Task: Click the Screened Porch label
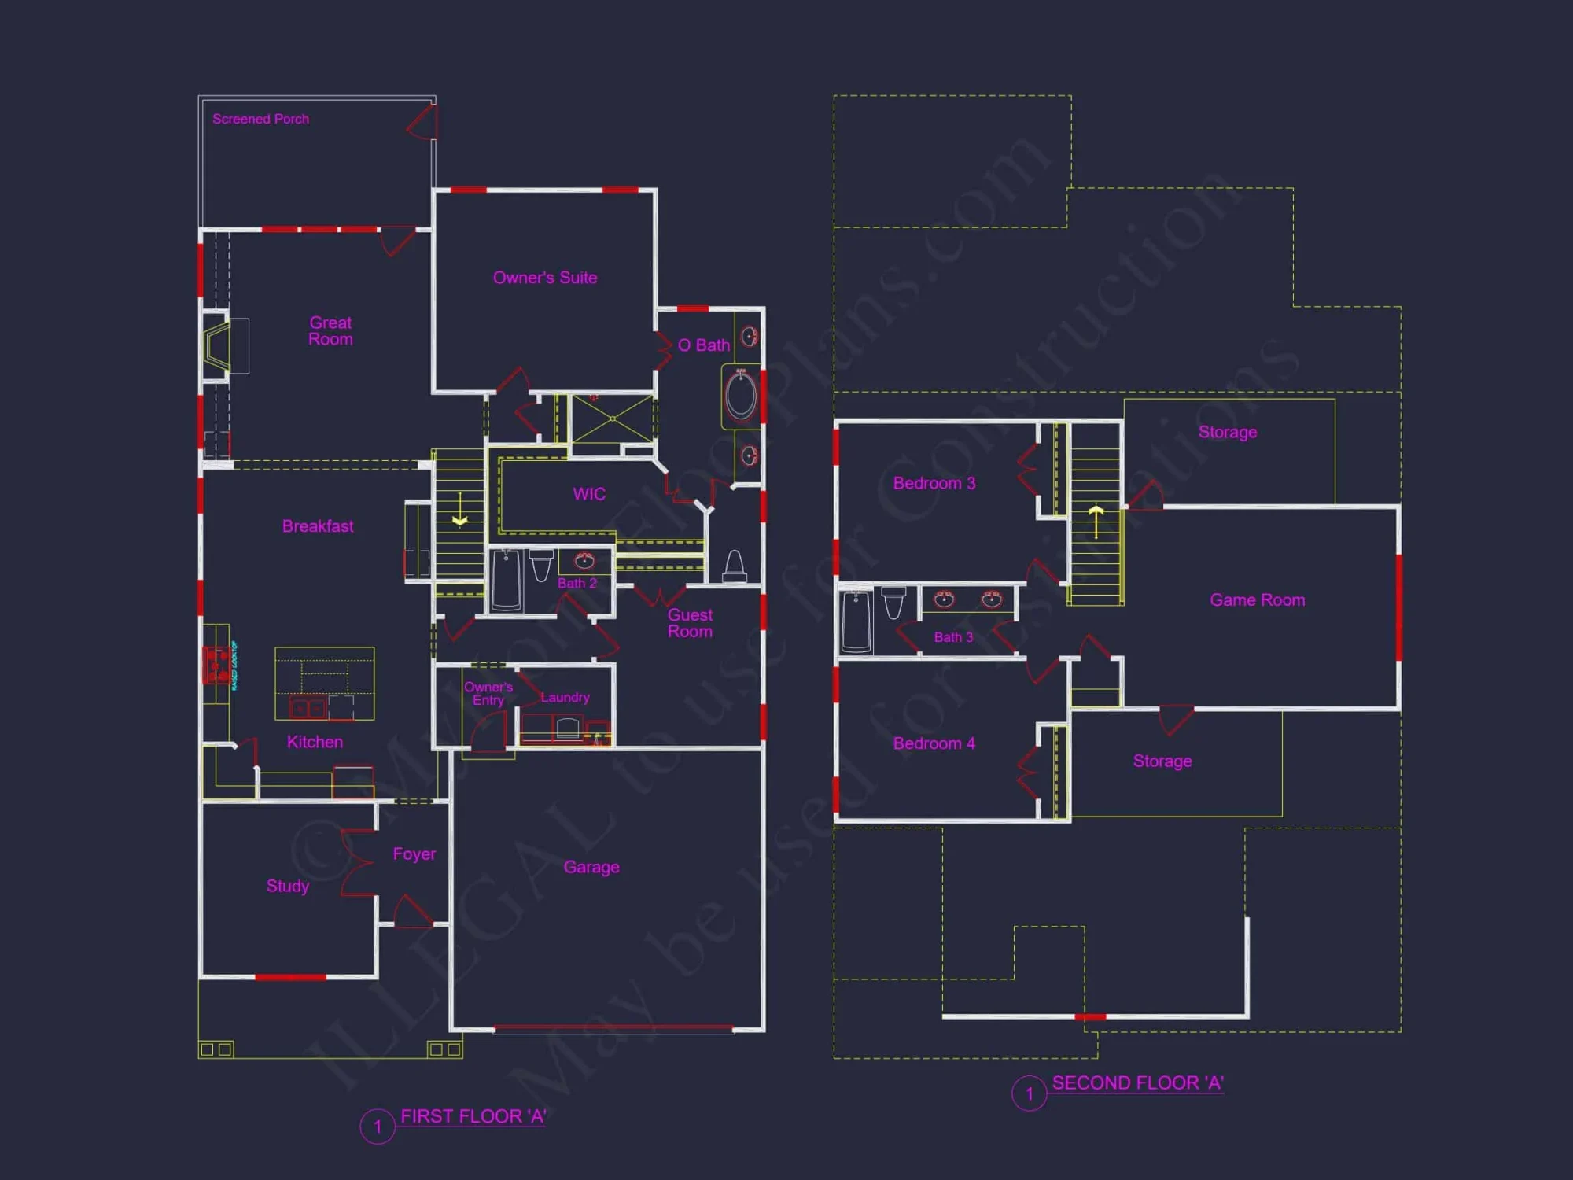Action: [260, 119]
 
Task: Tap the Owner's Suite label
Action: [544, 278]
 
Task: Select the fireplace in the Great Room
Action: [216, 345]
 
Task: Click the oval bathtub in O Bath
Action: [741, 395]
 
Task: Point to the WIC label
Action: [589, 494]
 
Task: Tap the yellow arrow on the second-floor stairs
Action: [1096, 513]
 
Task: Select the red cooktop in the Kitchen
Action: [216, 663]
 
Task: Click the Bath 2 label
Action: [577, 583]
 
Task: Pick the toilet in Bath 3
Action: [894, 603]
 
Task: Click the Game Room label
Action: [1257, 599]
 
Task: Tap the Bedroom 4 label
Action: [934, 743]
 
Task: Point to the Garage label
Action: [591, 867]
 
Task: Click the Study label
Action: [288, 886]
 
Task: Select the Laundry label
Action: [565, 697]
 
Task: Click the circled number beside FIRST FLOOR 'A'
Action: [378, 1127]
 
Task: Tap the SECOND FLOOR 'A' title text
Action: [1137, 1083]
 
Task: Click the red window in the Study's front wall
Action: [290, 977]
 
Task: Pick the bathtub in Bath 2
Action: [507, 580]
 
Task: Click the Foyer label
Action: [414, 854]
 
